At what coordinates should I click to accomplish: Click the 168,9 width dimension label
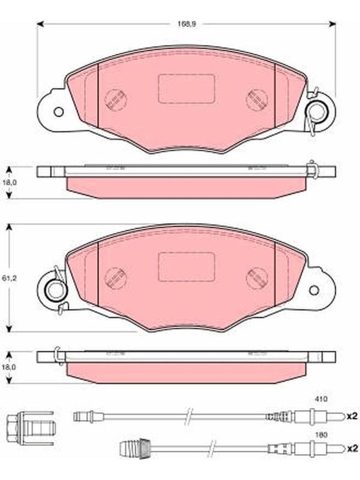[187, 24]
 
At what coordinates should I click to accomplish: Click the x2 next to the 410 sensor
[352, 416]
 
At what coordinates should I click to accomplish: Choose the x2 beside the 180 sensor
[352, 448]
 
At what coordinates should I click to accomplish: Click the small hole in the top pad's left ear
[58, 112]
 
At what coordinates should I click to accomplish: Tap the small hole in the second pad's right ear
[314, 290]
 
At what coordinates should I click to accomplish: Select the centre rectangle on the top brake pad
[186, 88]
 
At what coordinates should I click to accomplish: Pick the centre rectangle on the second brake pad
[186, 266]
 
